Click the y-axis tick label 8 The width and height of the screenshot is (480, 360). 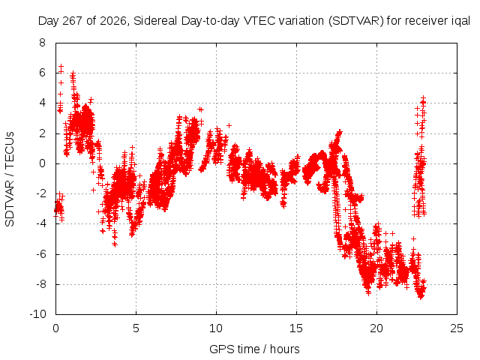(42, 43)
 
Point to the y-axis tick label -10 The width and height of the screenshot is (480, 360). (37, 314)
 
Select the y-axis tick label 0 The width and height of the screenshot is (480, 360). (42, 163)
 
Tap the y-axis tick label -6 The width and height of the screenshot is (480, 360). (40, 254)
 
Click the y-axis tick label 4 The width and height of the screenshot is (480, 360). (42, 103)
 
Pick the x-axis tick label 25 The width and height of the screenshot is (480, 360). (457, 328)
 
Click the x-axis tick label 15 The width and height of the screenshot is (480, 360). (296, 328)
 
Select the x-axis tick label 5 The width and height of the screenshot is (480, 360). (136, 328)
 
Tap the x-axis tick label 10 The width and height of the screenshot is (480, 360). (216, 328)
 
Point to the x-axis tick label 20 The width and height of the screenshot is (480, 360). (376, 328)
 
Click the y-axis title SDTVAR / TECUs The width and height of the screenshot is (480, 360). (10, 179)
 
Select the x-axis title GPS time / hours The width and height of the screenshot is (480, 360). (254, 349)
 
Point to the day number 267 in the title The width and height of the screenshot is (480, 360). (73, 21)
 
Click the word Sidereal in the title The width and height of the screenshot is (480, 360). (155, 21)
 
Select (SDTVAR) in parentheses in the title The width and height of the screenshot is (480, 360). (356, 21)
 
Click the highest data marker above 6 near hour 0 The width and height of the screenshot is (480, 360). (61, 66)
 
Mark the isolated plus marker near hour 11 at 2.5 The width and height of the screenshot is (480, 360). (229, 125)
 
